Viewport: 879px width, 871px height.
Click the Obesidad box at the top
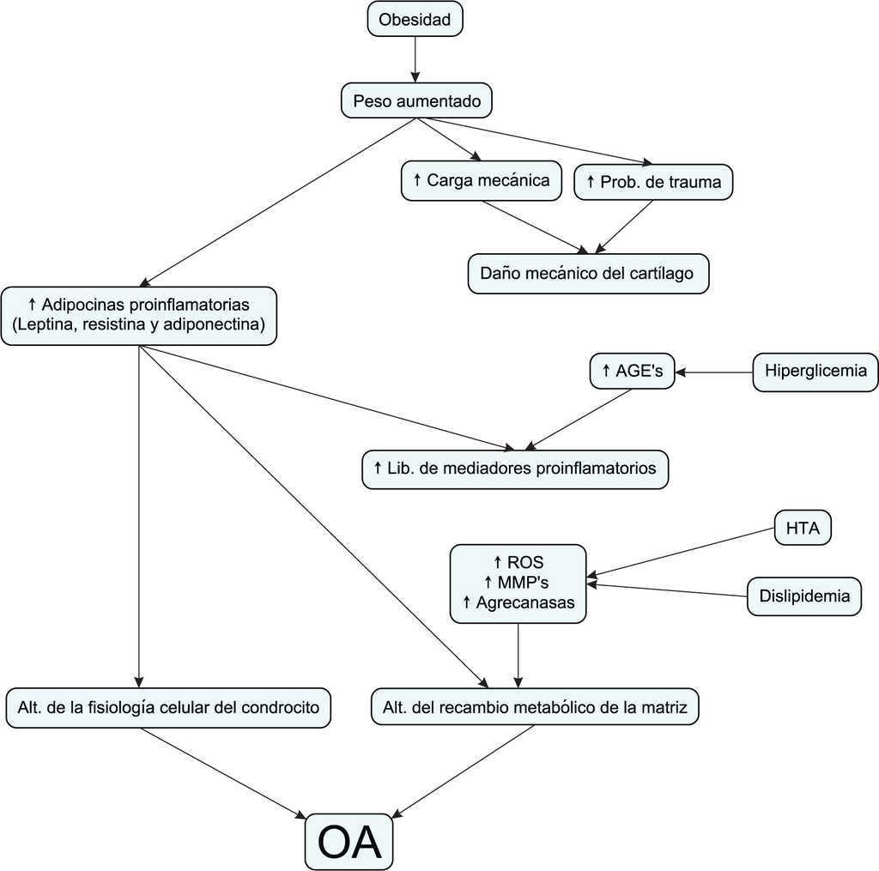point(415,19)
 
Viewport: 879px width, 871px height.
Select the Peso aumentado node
point(417,101)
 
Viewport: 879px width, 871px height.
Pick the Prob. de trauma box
point(653,182)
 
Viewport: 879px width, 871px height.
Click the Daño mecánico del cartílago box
point(589,274)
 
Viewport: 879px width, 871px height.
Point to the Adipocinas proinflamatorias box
point(139,315)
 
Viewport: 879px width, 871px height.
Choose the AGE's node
point(633,372)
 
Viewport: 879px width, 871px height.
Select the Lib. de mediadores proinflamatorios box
point(515,469)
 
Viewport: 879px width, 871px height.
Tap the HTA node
point(803,529)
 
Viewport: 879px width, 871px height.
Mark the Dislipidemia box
point(804,596)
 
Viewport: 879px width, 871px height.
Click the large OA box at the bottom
point(349,842)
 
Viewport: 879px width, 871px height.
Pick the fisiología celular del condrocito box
point(168,708)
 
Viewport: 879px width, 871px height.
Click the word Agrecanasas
point(525,602)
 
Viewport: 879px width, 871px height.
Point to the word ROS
point(525,562)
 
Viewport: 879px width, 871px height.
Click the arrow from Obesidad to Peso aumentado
point(415,59)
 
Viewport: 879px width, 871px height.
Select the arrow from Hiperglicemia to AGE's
point(714,372)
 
